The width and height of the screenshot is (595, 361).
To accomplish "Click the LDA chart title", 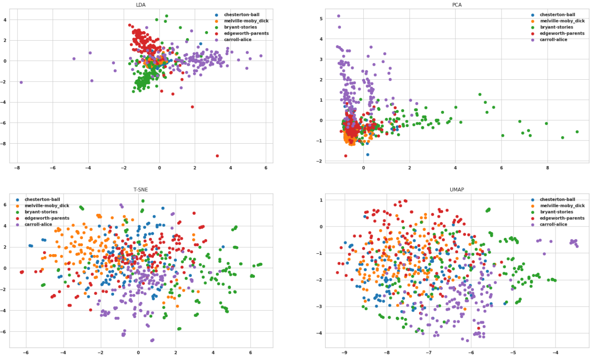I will pos(141,5).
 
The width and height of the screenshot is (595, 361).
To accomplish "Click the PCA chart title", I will pos(456,5).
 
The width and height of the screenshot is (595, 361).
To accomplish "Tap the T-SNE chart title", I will pos(141,190).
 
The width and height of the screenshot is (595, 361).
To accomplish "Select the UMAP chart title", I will pos(456,190).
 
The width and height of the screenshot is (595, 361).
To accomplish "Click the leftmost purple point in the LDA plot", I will pos(21,82).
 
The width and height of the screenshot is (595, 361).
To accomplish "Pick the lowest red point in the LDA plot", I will pos(217,156).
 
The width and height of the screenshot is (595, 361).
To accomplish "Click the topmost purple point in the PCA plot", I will pos(338,16).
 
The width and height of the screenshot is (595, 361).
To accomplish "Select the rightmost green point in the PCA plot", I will pos(577,131).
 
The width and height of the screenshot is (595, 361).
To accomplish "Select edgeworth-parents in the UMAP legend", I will pos(562,218).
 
